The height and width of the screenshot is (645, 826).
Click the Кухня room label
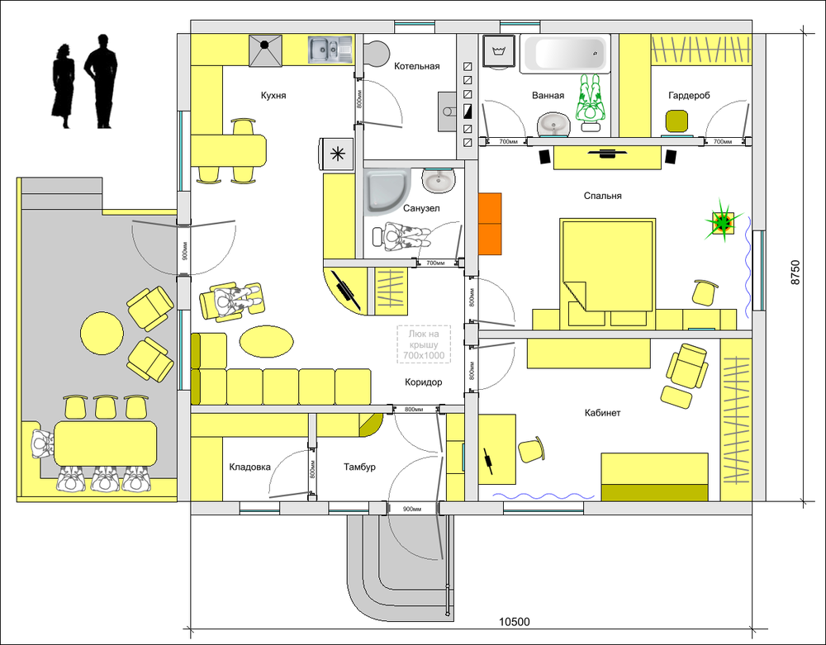pyautogui.click(x=273, y=95)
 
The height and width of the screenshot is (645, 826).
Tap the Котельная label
pyautogui.click(x=416, y=66)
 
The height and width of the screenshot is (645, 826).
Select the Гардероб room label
pyautogui.click(x=689, y=95)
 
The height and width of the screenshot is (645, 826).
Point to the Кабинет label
pyautogui.click(x=603, y=413)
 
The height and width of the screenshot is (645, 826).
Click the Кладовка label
pyautogui.click(x=250, y=467)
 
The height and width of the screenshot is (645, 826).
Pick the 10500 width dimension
pyautogui.click(x=514, y=622)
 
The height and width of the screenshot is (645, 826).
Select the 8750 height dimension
pyautogui.click(x=795, y=273)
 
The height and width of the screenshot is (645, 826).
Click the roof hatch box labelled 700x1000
pyautogui.click(x=424, y=344)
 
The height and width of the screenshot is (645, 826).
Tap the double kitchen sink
pyautogui.click(x=330, y=50)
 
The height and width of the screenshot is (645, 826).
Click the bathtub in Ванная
pyautogui.click(x=565, y=53)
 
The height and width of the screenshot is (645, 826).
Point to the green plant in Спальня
pyautogui.click(x=723, y=221)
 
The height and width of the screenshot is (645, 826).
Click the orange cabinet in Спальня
pyautogui.click(x=490, y=224)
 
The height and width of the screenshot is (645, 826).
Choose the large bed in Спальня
pyautogui.click(x=608, y=265)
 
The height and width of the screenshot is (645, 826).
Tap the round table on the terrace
pyautogui.click(x=102, y=334)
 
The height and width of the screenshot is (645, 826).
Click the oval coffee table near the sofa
pyautogui.click(x=267, y=341)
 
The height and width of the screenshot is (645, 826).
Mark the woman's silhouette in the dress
pyautogui.click(x=63, y=87)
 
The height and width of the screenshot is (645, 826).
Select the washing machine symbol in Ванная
pyautogui.click(x=498, y=51)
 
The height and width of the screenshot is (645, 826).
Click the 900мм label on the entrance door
pyautogui.click(x=412, y=510)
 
